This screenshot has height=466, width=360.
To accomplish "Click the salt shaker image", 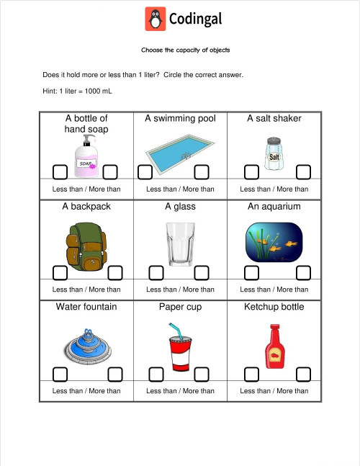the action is point(274,154).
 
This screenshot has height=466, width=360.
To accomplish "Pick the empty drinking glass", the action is point(179,246).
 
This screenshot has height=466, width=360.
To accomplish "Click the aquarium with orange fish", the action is point(274,243).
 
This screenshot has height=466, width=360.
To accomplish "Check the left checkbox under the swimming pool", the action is point(145,171).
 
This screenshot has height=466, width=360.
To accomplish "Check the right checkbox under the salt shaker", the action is point(303,171).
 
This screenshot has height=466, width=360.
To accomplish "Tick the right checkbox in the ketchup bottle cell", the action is point(303,374).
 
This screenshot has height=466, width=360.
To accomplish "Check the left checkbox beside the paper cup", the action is point(156,374).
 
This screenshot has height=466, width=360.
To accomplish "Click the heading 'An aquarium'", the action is point(274,207).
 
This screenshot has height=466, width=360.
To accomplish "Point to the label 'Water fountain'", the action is point(86,307).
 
